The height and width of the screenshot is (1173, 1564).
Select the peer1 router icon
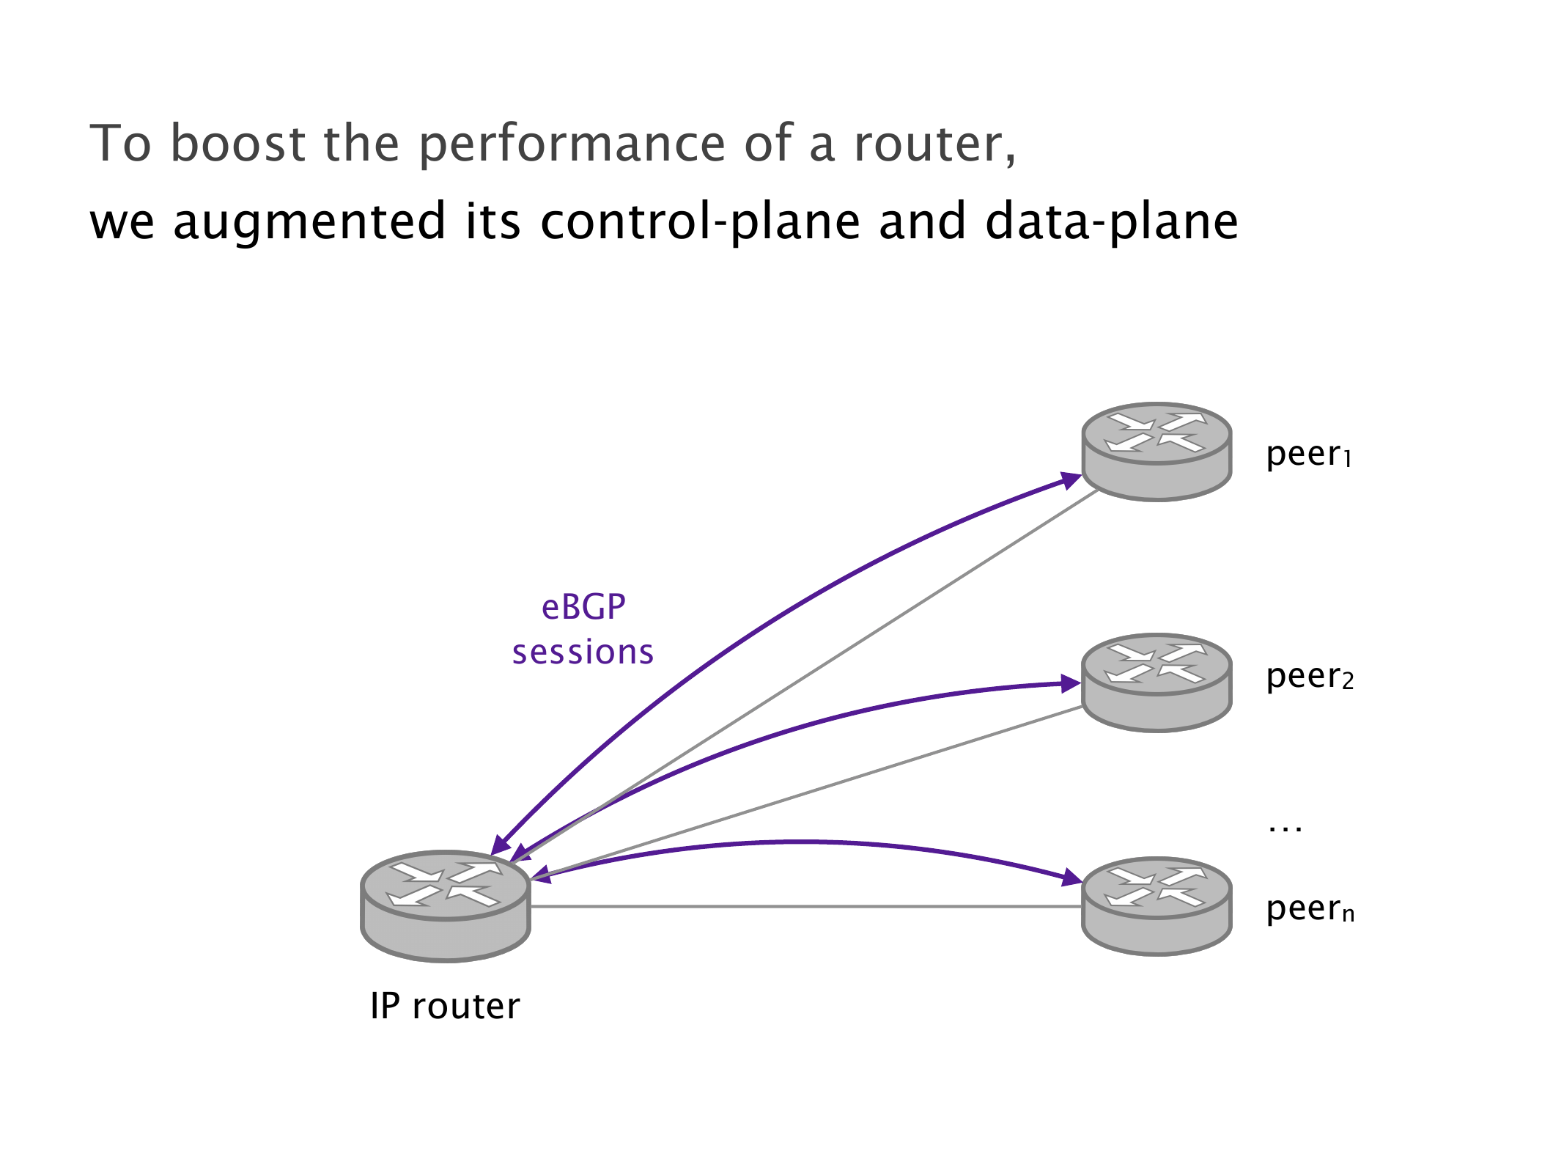coord(1157,451)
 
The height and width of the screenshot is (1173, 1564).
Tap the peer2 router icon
coord(1157,682)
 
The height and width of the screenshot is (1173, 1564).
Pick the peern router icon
coord(1157,905)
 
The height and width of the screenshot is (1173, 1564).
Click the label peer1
coord(1308,455)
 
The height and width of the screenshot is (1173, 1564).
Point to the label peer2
coord(1309,677)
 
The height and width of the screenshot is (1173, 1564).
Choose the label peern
coord(1310,909)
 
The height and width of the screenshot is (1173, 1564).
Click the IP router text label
coord(445,1006)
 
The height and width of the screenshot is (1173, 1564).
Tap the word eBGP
coord(583,607)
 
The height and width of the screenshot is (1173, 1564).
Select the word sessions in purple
coord(583,652)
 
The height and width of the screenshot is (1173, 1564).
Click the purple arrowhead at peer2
coord(1071,684)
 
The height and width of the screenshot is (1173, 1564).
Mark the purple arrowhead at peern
coord(1071,878)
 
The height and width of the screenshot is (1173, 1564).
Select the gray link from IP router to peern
coord(806,907)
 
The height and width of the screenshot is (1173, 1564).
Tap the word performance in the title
coord(572,144)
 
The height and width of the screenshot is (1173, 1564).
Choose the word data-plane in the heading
coord(1111,222)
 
